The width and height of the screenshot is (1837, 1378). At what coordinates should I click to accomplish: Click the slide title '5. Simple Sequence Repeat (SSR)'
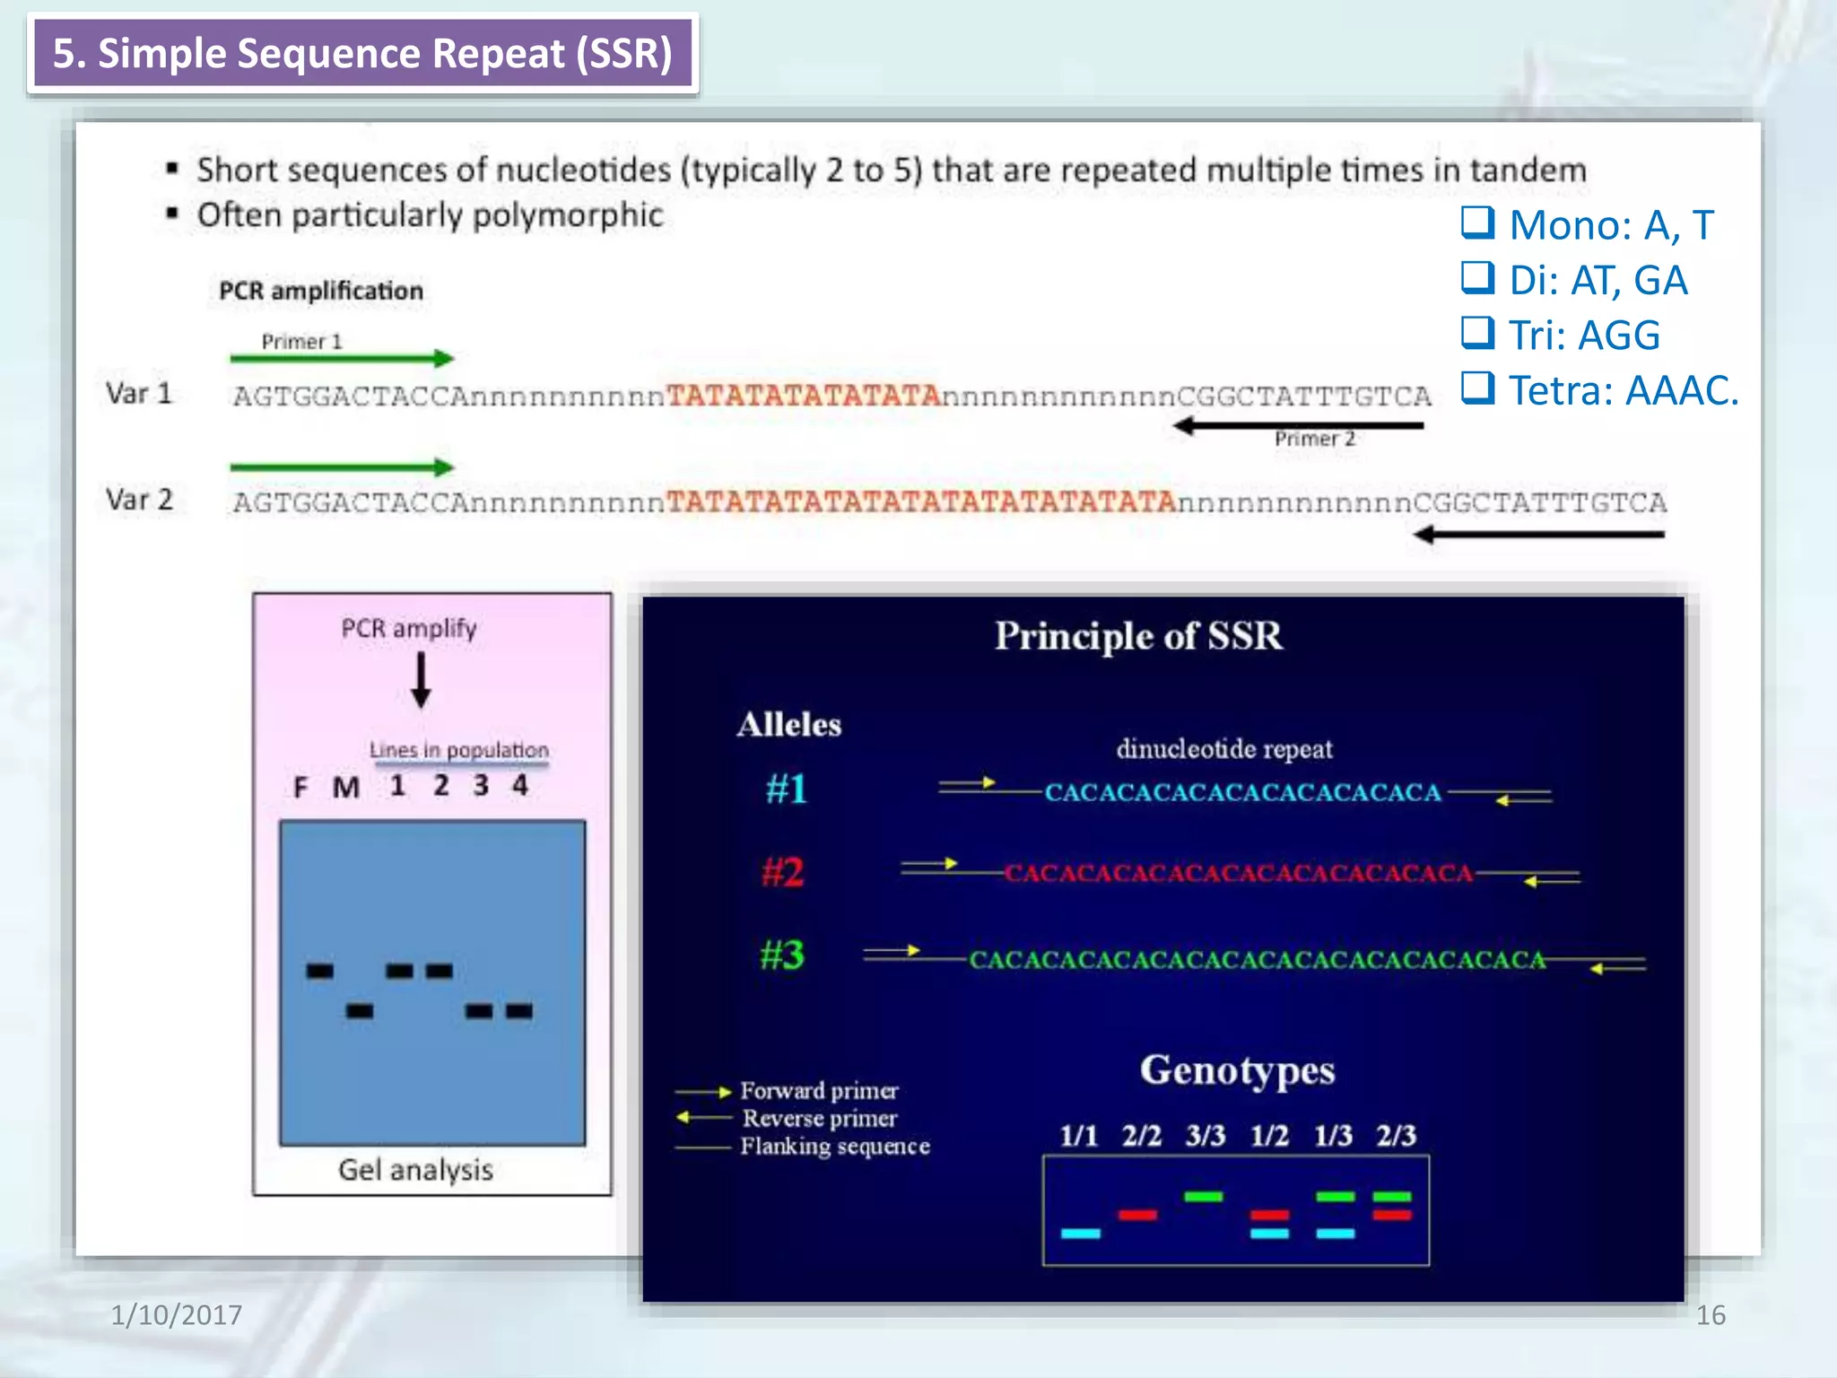(362, 54)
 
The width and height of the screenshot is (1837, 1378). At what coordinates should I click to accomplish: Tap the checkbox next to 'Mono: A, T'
(1477, 222)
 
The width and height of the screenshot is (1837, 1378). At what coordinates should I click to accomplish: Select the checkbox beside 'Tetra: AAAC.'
(1477, 388)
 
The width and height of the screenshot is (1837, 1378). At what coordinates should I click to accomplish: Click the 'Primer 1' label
(301, 342)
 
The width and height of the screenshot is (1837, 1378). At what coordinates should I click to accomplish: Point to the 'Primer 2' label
(1314, 439)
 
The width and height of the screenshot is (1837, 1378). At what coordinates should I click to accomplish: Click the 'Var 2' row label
(139, 500)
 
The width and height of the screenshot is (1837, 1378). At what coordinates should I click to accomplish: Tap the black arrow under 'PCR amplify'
(421, 680)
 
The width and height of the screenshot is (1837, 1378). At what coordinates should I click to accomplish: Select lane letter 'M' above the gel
(346, 788)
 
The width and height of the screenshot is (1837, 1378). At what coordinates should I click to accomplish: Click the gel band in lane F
(319, 971)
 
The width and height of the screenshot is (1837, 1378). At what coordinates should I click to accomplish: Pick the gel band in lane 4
(519, 1012)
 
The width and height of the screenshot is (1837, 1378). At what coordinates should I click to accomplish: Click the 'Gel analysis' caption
(415, 1170)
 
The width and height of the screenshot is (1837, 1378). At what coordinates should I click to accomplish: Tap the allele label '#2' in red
(782, 872)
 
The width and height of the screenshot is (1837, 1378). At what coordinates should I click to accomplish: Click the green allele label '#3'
(782, 955)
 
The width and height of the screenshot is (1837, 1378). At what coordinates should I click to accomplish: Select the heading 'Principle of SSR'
(1138, 636)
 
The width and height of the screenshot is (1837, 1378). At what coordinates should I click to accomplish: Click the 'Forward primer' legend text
(819, 1091)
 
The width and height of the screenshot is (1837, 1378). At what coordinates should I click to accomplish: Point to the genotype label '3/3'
(1205, 1136)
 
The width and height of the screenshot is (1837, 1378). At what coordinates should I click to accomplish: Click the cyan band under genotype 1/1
(1080, 1234)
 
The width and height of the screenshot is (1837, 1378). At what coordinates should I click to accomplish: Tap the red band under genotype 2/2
(1137, 1215)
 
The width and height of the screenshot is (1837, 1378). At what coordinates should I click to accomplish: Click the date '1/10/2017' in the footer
(176, 1315)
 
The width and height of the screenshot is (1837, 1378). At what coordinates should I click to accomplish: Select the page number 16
(1710, 1315)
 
